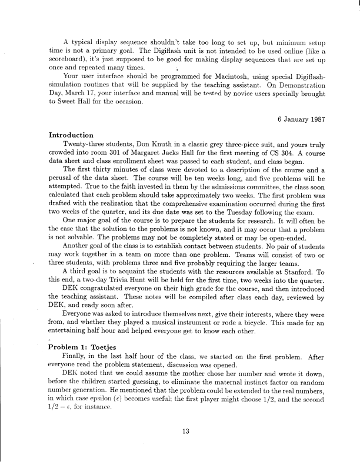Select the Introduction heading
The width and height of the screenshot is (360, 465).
[x=71, y=135]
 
